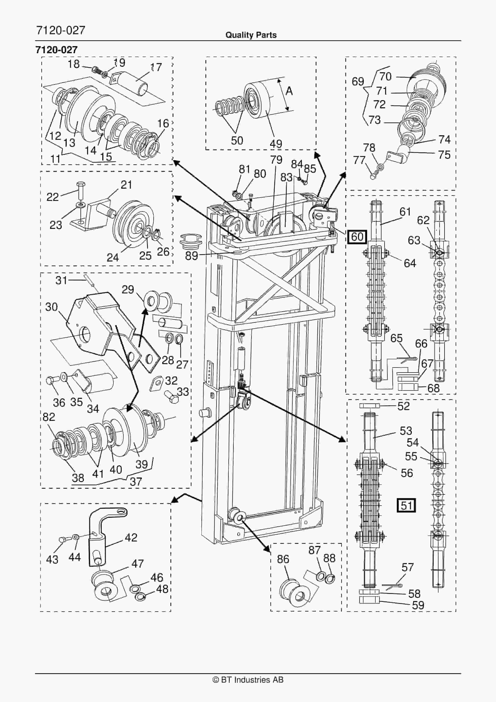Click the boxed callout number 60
[357, 237]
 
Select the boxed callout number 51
[406, 505]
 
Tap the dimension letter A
[289, 91]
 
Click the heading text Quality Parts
[251, 35]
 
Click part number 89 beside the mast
[192, 256]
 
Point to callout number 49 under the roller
[276, 144]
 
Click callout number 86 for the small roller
[283, 559]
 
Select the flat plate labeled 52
[369, 406]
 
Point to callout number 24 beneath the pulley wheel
[112, 258]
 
